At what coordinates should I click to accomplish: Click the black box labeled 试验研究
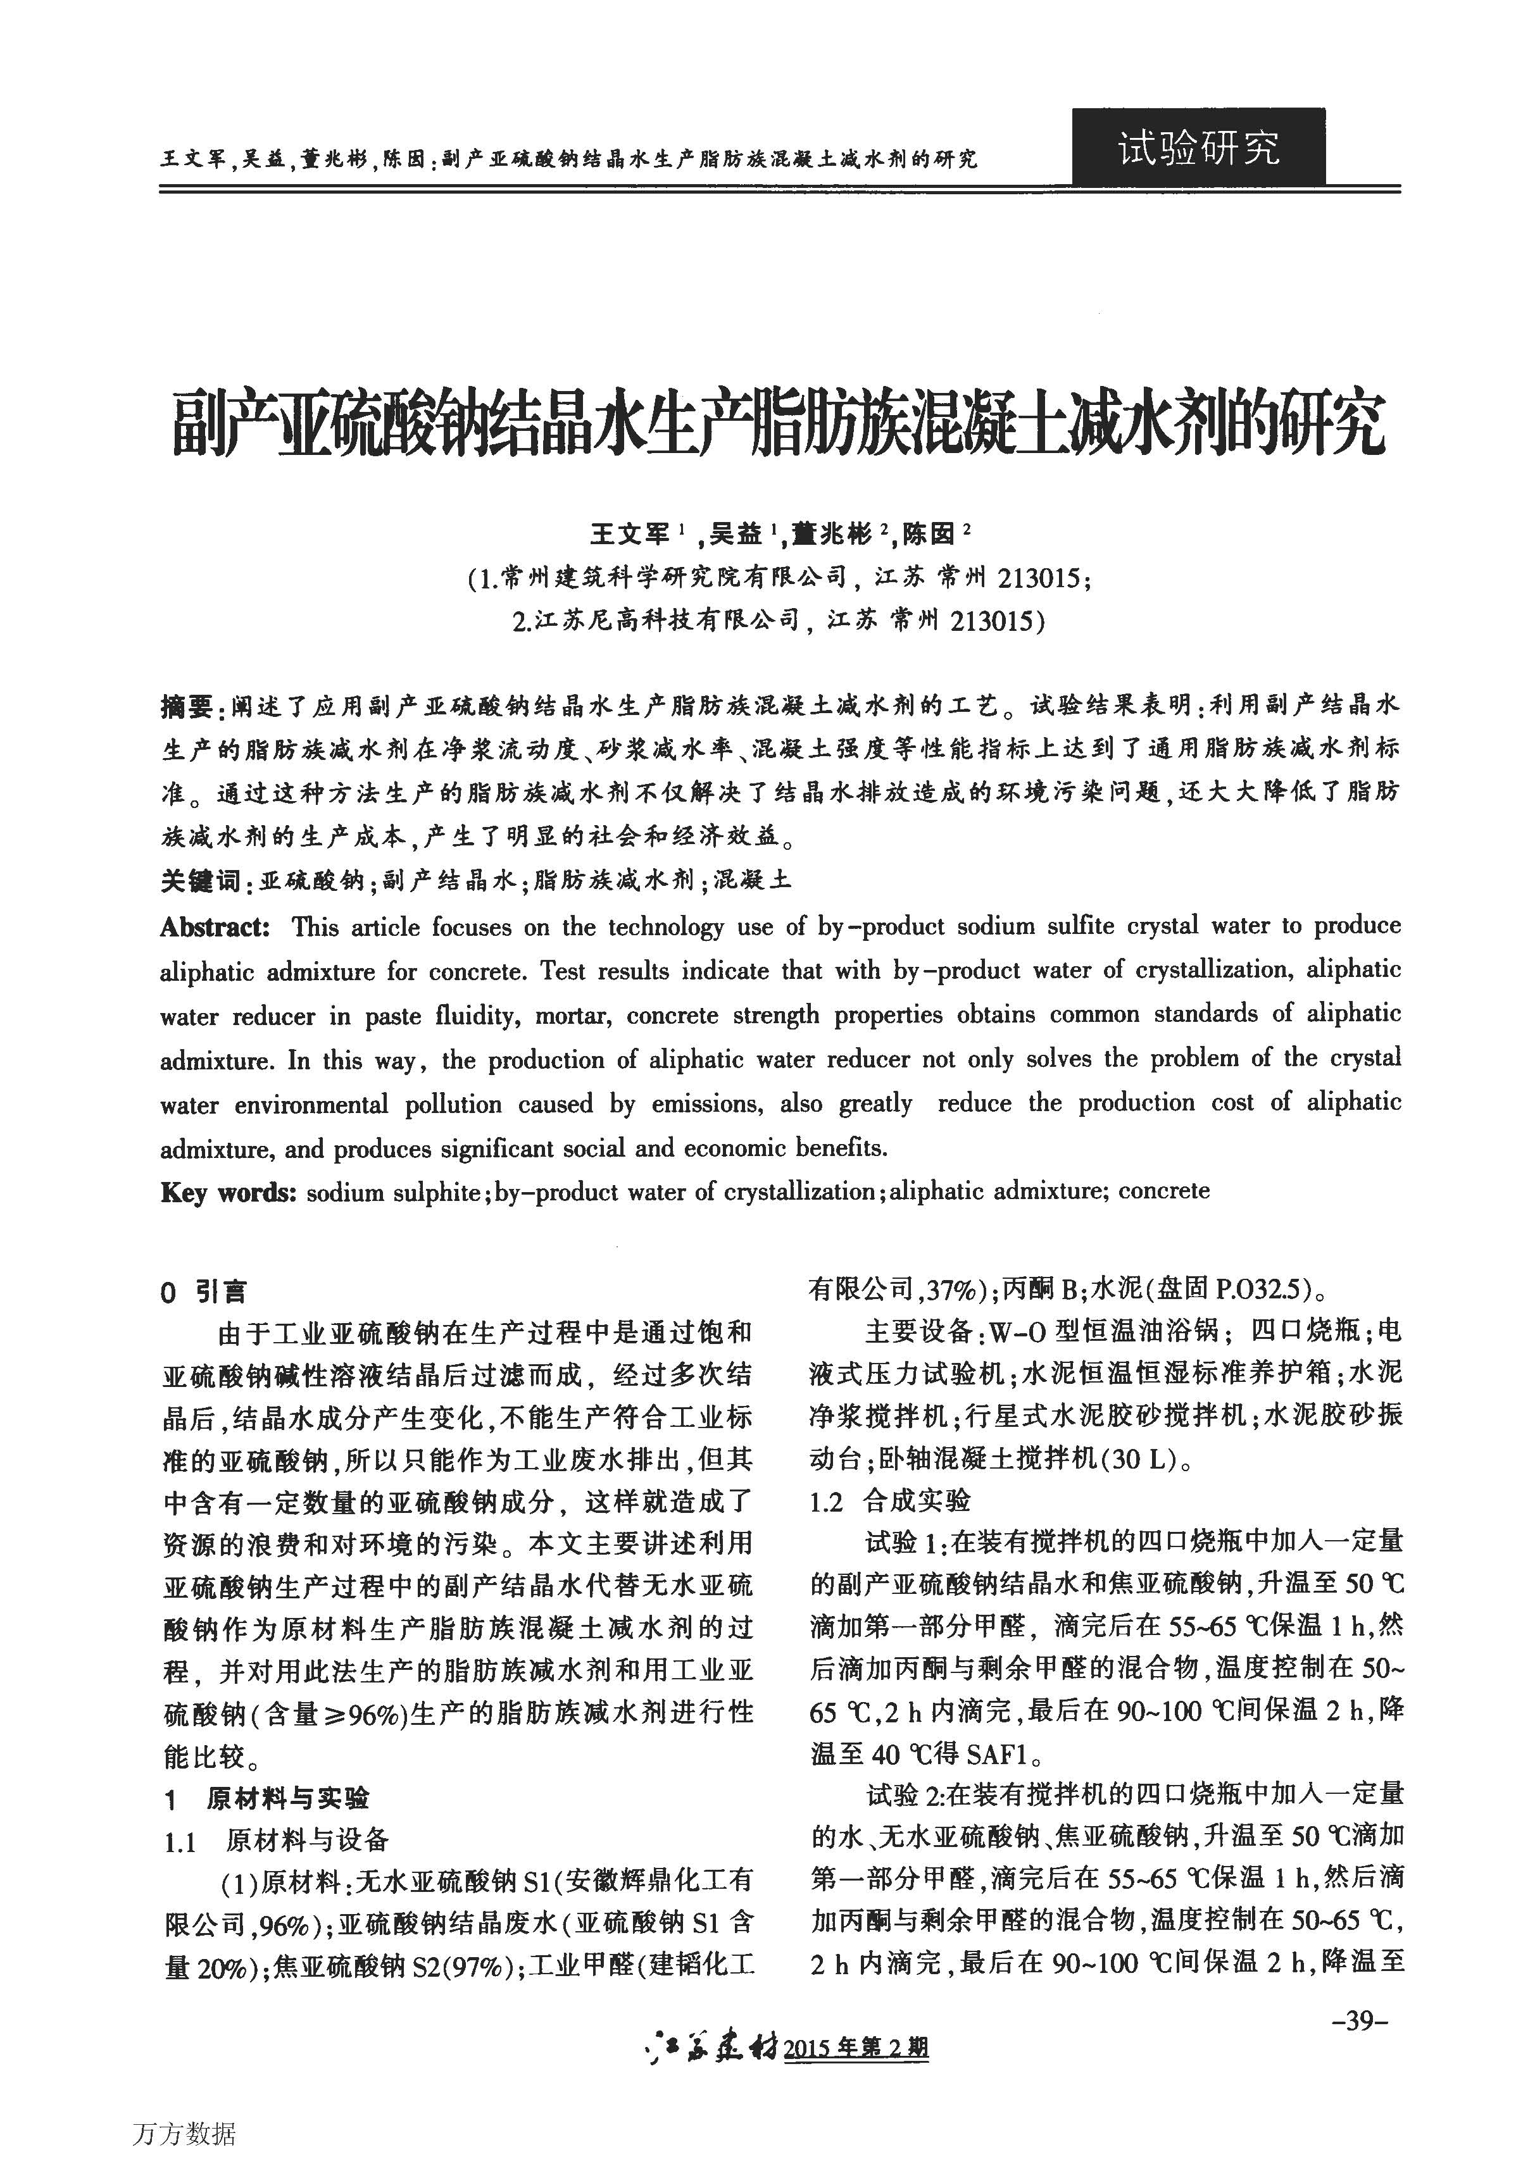[x=1198, y=147]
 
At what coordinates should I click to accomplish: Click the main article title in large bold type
[x=778, y=424]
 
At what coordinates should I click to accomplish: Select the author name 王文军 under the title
[x=630, y=535]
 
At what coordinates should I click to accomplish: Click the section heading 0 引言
[x=204, y=1291]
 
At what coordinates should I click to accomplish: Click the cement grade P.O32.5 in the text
[x=1249, y=1290]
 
